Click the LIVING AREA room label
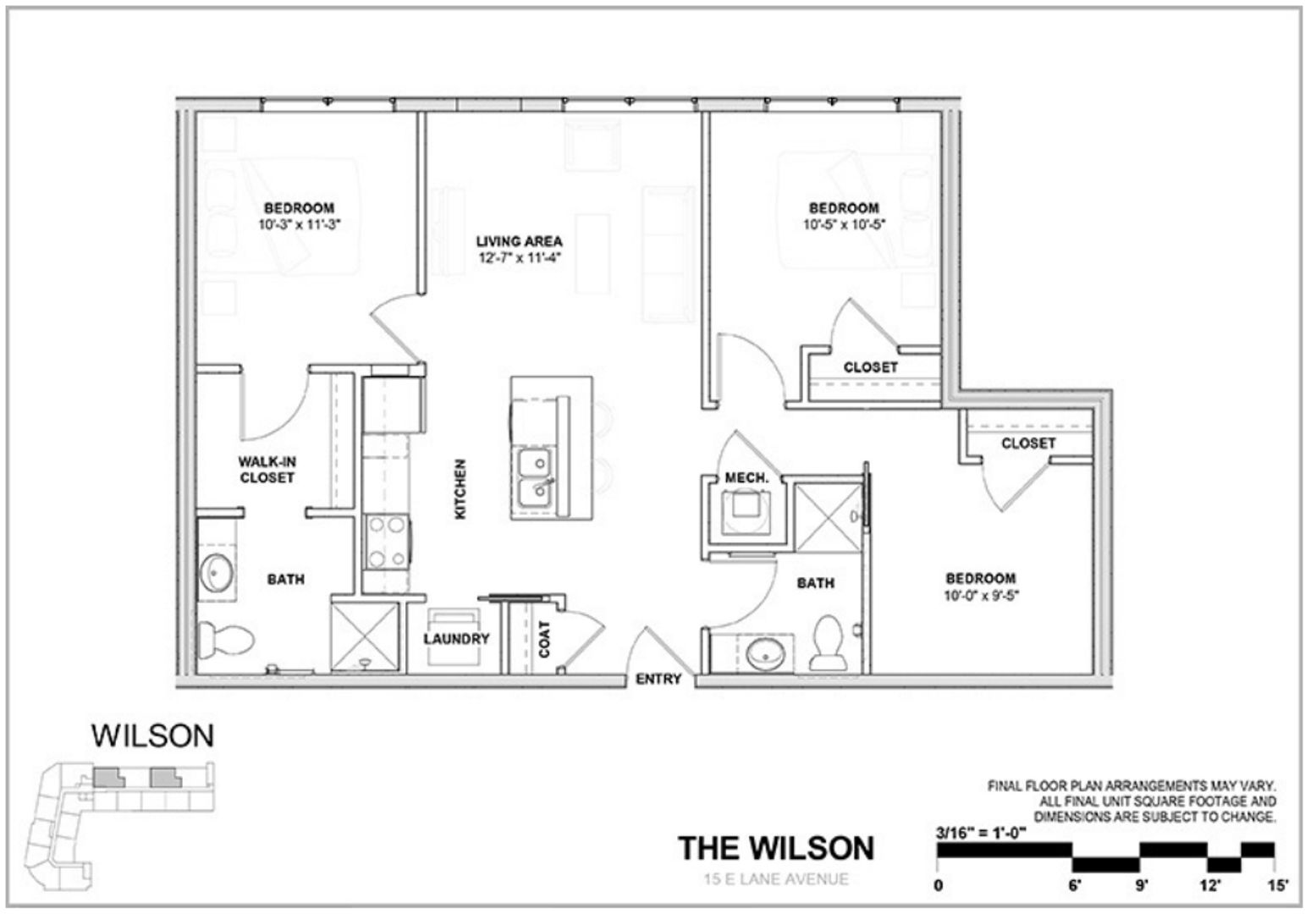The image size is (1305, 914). (519, 241)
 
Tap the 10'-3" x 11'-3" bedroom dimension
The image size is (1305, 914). (300, 225)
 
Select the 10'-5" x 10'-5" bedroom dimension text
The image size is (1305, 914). (844, 225)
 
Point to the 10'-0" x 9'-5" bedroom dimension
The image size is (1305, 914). (981, 595)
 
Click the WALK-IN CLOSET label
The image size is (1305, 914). (267, 470)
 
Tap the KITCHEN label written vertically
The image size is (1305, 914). (460, 489)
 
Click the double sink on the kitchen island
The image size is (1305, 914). (534, 476)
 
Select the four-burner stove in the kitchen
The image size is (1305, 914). (387, 542)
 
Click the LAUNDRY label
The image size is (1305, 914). (456, 639)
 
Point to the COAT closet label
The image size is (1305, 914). (544, 639)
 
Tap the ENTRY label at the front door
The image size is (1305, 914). (658, 679)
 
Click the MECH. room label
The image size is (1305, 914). (746, 478)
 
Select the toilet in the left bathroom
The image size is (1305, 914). (225, 639)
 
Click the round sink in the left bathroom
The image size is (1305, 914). (217, 573)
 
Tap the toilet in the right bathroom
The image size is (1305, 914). (827, 643)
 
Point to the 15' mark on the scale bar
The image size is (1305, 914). (1276, 886)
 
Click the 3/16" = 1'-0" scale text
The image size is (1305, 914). (981, 831)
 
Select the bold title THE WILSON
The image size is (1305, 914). (775, 848)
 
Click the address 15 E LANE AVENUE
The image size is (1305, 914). (775, 879)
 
